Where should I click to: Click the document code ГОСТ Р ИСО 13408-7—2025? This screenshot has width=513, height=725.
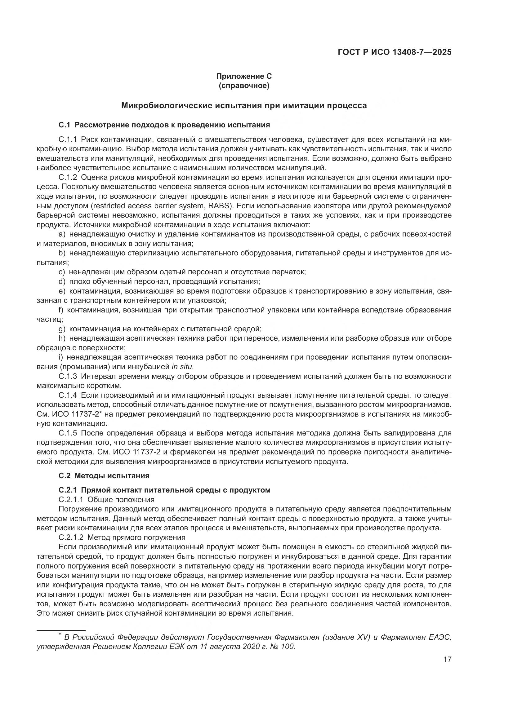pyautogui.click(x=394, y=52)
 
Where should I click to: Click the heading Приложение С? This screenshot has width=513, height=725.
pyautogui.click(x=243, y=76)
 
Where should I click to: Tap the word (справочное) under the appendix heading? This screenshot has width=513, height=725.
pyautogui.click(x=243, y=86)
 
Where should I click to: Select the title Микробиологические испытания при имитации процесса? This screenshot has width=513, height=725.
pyautogui.click(x=243, y=105)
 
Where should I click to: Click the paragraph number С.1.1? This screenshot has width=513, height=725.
pyautogui.click(x=68, y=139)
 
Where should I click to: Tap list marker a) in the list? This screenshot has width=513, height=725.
pyautogui.click(x=62, y=234)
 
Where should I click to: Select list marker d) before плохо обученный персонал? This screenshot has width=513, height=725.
pyautogui.click(x=62, y=281)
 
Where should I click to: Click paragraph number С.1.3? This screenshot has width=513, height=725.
pyautogui.click(x=68, y=376)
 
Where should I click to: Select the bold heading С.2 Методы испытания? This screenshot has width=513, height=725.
pyautogui.click(x=104, y=475)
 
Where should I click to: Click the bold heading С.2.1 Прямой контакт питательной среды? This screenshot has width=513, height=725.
pyautogui.click(x=164, y=490)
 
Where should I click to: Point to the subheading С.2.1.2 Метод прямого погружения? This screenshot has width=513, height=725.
pyautogui.click(x=122, y=537)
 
